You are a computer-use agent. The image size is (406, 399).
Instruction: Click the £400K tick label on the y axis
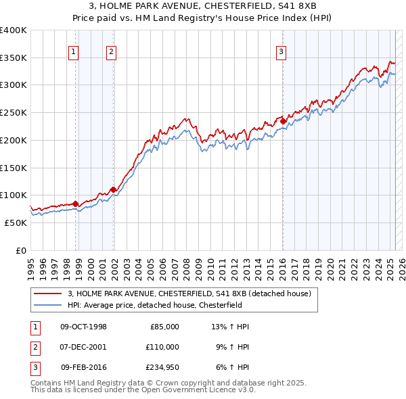(x=14, y=30)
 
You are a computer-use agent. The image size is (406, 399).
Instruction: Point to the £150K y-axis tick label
(x=14, y=168)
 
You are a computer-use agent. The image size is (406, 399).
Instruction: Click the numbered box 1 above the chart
(x=72, y=50)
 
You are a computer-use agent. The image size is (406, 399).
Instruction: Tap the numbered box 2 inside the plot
(x=110, y=50)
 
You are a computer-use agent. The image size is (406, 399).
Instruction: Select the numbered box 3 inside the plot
(x=281, y=50)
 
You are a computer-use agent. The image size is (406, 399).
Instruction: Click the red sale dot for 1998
(x=75, y=204)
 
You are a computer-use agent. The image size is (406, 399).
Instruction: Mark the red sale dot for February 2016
(x=283, y=122)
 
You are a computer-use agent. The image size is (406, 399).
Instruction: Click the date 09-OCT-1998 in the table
(x=83, y=327)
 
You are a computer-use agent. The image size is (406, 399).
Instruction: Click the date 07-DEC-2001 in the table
(x=83, y=347)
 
